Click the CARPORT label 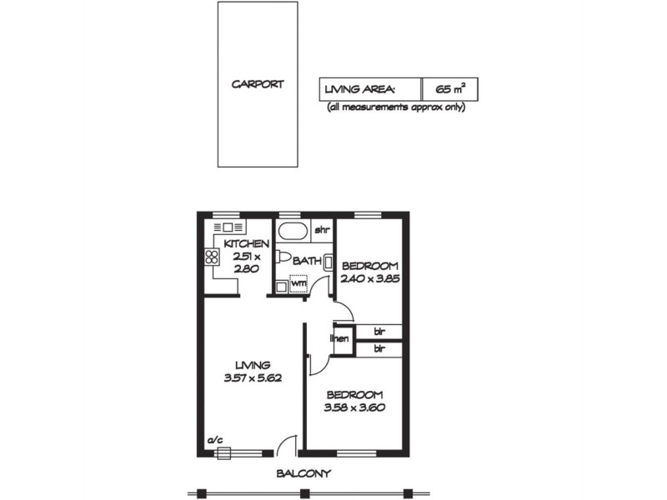(258, 84)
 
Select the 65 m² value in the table (449, 88)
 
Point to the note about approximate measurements (396, 107)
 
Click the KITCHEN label (247, 244)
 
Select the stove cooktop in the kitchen (211, 257)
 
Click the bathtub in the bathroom (293, 231)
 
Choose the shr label (321, 229)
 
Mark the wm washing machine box (298, 282)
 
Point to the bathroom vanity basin (328, 262)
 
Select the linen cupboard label (339, 338)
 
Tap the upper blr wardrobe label (378, 331)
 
